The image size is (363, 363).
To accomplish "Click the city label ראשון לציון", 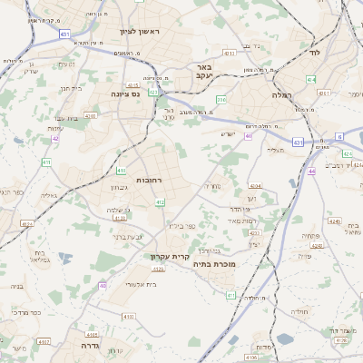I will click(x=139, y=32).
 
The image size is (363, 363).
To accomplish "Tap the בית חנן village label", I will click(x=70, y=88).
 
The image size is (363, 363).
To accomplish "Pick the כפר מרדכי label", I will click(x=27, y=311).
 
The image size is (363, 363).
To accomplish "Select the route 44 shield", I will click(x=311, y=171).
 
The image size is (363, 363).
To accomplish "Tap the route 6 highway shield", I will click(x=338, y=136).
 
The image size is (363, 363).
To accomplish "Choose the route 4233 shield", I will click(x=229, y=54).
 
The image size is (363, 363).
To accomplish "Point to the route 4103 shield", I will click(x=128, y=317).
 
